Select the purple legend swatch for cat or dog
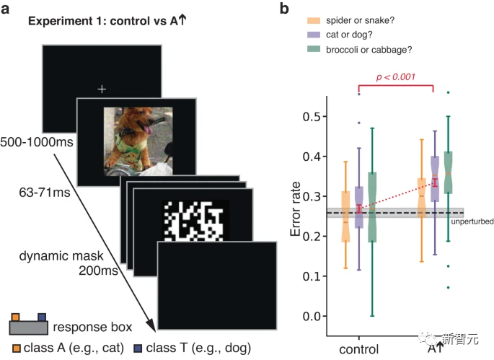[x=314, y=34]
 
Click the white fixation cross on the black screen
[x=102, y=89]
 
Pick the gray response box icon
[x=30, y=327]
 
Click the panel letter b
[x=285, y=9]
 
